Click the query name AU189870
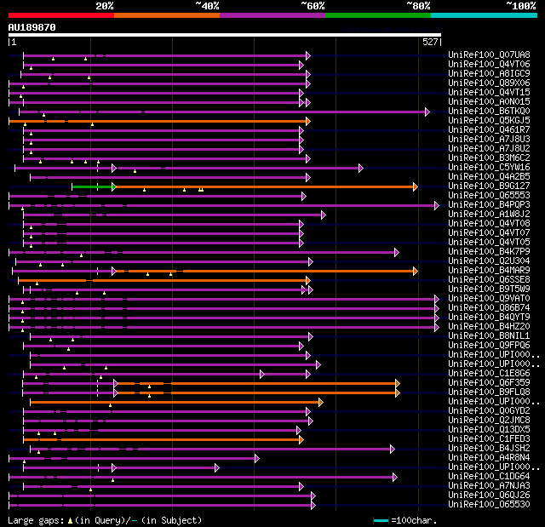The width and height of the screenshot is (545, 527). point(32,27)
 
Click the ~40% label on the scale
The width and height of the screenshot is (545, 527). point(207,6)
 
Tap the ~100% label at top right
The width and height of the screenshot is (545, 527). point(520,6)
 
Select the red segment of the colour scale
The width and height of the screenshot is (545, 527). point(60,14)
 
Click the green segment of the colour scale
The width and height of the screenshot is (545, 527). point(377,14)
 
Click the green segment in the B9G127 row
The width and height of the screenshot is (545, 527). point(91,186)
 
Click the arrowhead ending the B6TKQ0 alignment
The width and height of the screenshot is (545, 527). point(427,112)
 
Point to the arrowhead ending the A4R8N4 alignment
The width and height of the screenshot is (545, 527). point(256,458)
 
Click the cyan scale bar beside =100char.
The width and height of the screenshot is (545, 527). point(381,519)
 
